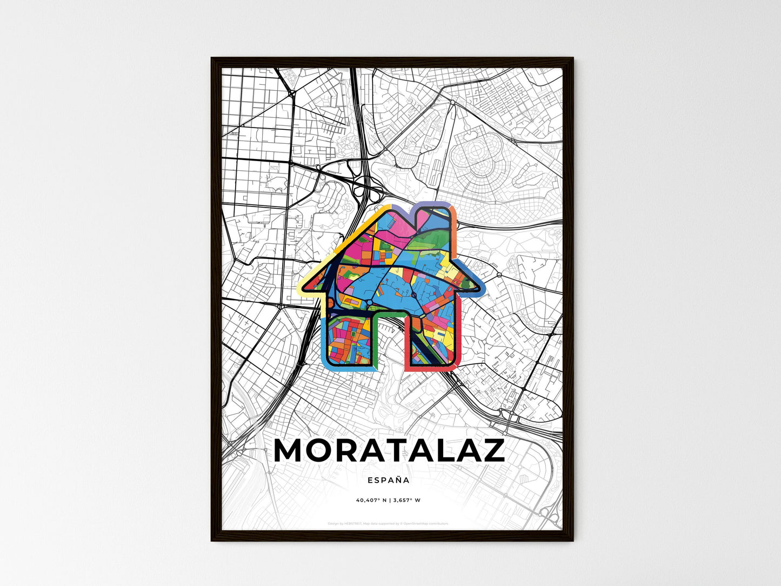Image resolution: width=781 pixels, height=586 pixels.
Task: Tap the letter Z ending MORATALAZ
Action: pyautogui.click(x=490, y=450)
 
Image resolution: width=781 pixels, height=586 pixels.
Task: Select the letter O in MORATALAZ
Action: pyautogui.click(x=324, y=450)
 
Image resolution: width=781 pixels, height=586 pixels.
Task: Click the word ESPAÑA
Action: pyautogui.click(x=388, y=480)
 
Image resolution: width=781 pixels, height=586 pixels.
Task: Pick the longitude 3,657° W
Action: pyautogui.click(x=405, y=500)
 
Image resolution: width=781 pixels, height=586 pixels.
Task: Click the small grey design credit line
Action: pyautogui.click(x=388, y=523)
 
